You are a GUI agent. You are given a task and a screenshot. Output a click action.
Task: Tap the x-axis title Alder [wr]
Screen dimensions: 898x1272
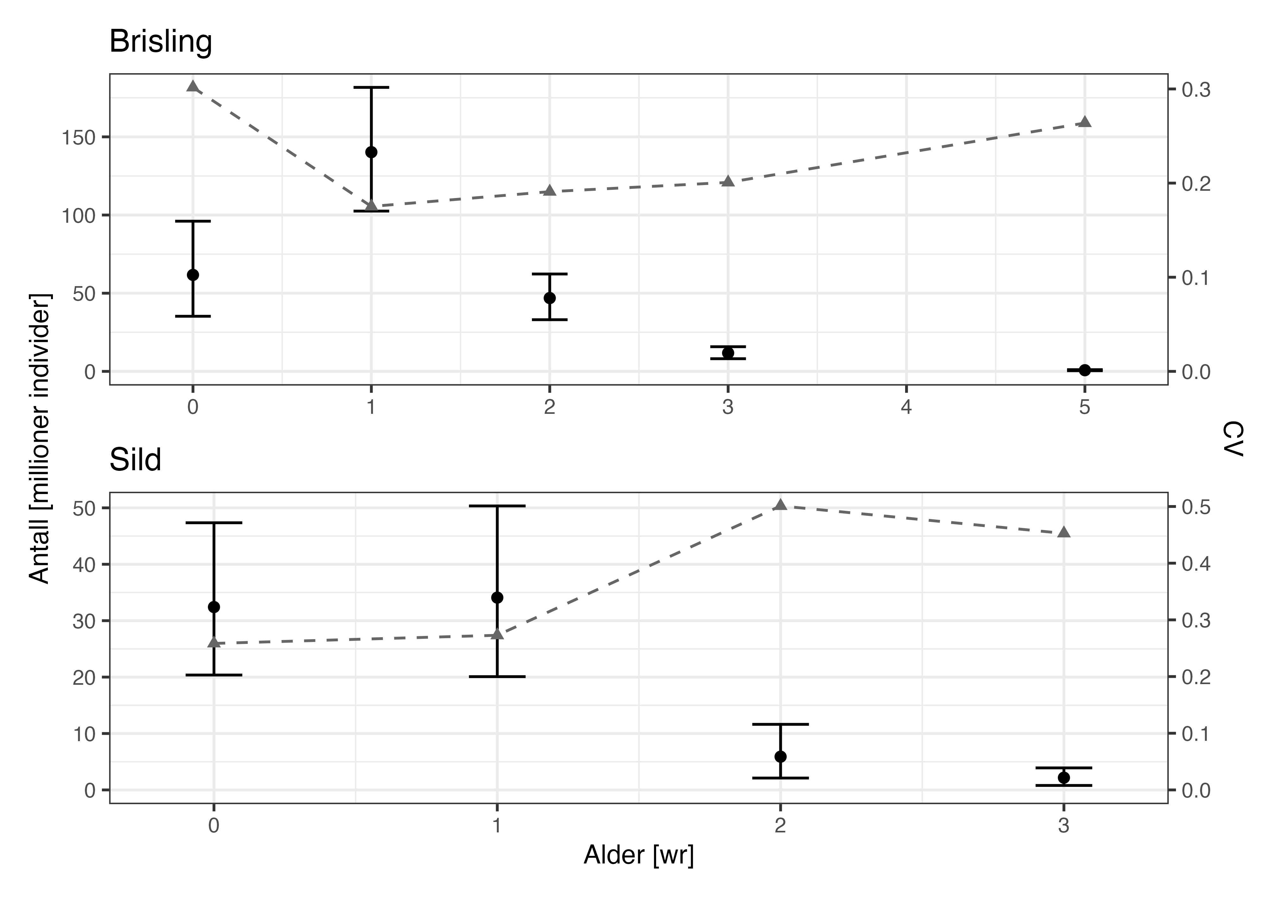[638, 855]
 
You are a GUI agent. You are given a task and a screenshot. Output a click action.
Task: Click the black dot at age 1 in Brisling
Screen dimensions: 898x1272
[371, 152]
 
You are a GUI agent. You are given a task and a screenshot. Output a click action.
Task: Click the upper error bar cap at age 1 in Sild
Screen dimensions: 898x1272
[497, 506]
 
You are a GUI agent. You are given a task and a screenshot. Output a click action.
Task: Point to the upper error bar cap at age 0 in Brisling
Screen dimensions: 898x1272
[193, 221]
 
